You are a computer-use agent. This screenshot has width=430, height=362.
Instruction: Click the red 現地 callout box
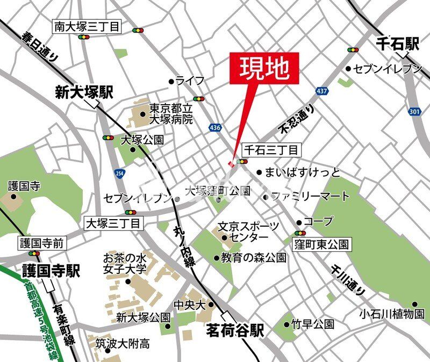[x=264, y=69]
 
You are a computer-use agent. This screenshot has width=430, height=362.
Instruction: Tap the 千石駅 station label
[x=397, y=44]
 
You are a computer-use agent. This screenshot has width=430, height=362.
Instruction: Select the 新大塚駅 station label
[x=84, y=92]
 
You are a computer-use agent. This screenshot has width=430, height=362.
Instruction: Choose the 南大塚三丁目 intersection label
[x=87, y=26]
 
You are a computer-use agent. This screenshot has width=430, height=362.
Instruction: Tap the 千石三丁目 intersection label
[x=271, y=149]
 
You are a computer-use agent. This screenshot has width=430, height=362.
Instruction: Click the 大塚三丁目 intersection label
[x=113, y=222]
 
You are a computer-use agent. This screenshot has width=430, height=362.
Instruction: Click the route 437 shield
[x=322, y=91]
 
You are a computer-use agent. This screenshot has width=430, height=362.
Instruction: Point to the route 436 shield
[x=216, y=127]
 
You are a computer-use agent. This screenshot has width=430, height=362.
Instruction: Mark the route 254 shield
[x=119, y=173]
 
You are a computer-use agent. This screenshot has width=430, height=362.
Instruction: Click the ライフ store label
[x=190, y=81]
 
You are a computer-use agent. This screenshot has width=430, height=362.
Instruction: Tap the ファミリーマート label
[x=310, y=197]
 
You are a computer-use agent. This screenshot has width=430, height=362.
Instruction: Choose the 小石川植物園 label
[x=392, y=314]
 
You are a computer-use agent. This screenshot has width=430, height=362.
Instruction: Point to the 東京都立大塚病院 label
[x=170, y=114]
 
